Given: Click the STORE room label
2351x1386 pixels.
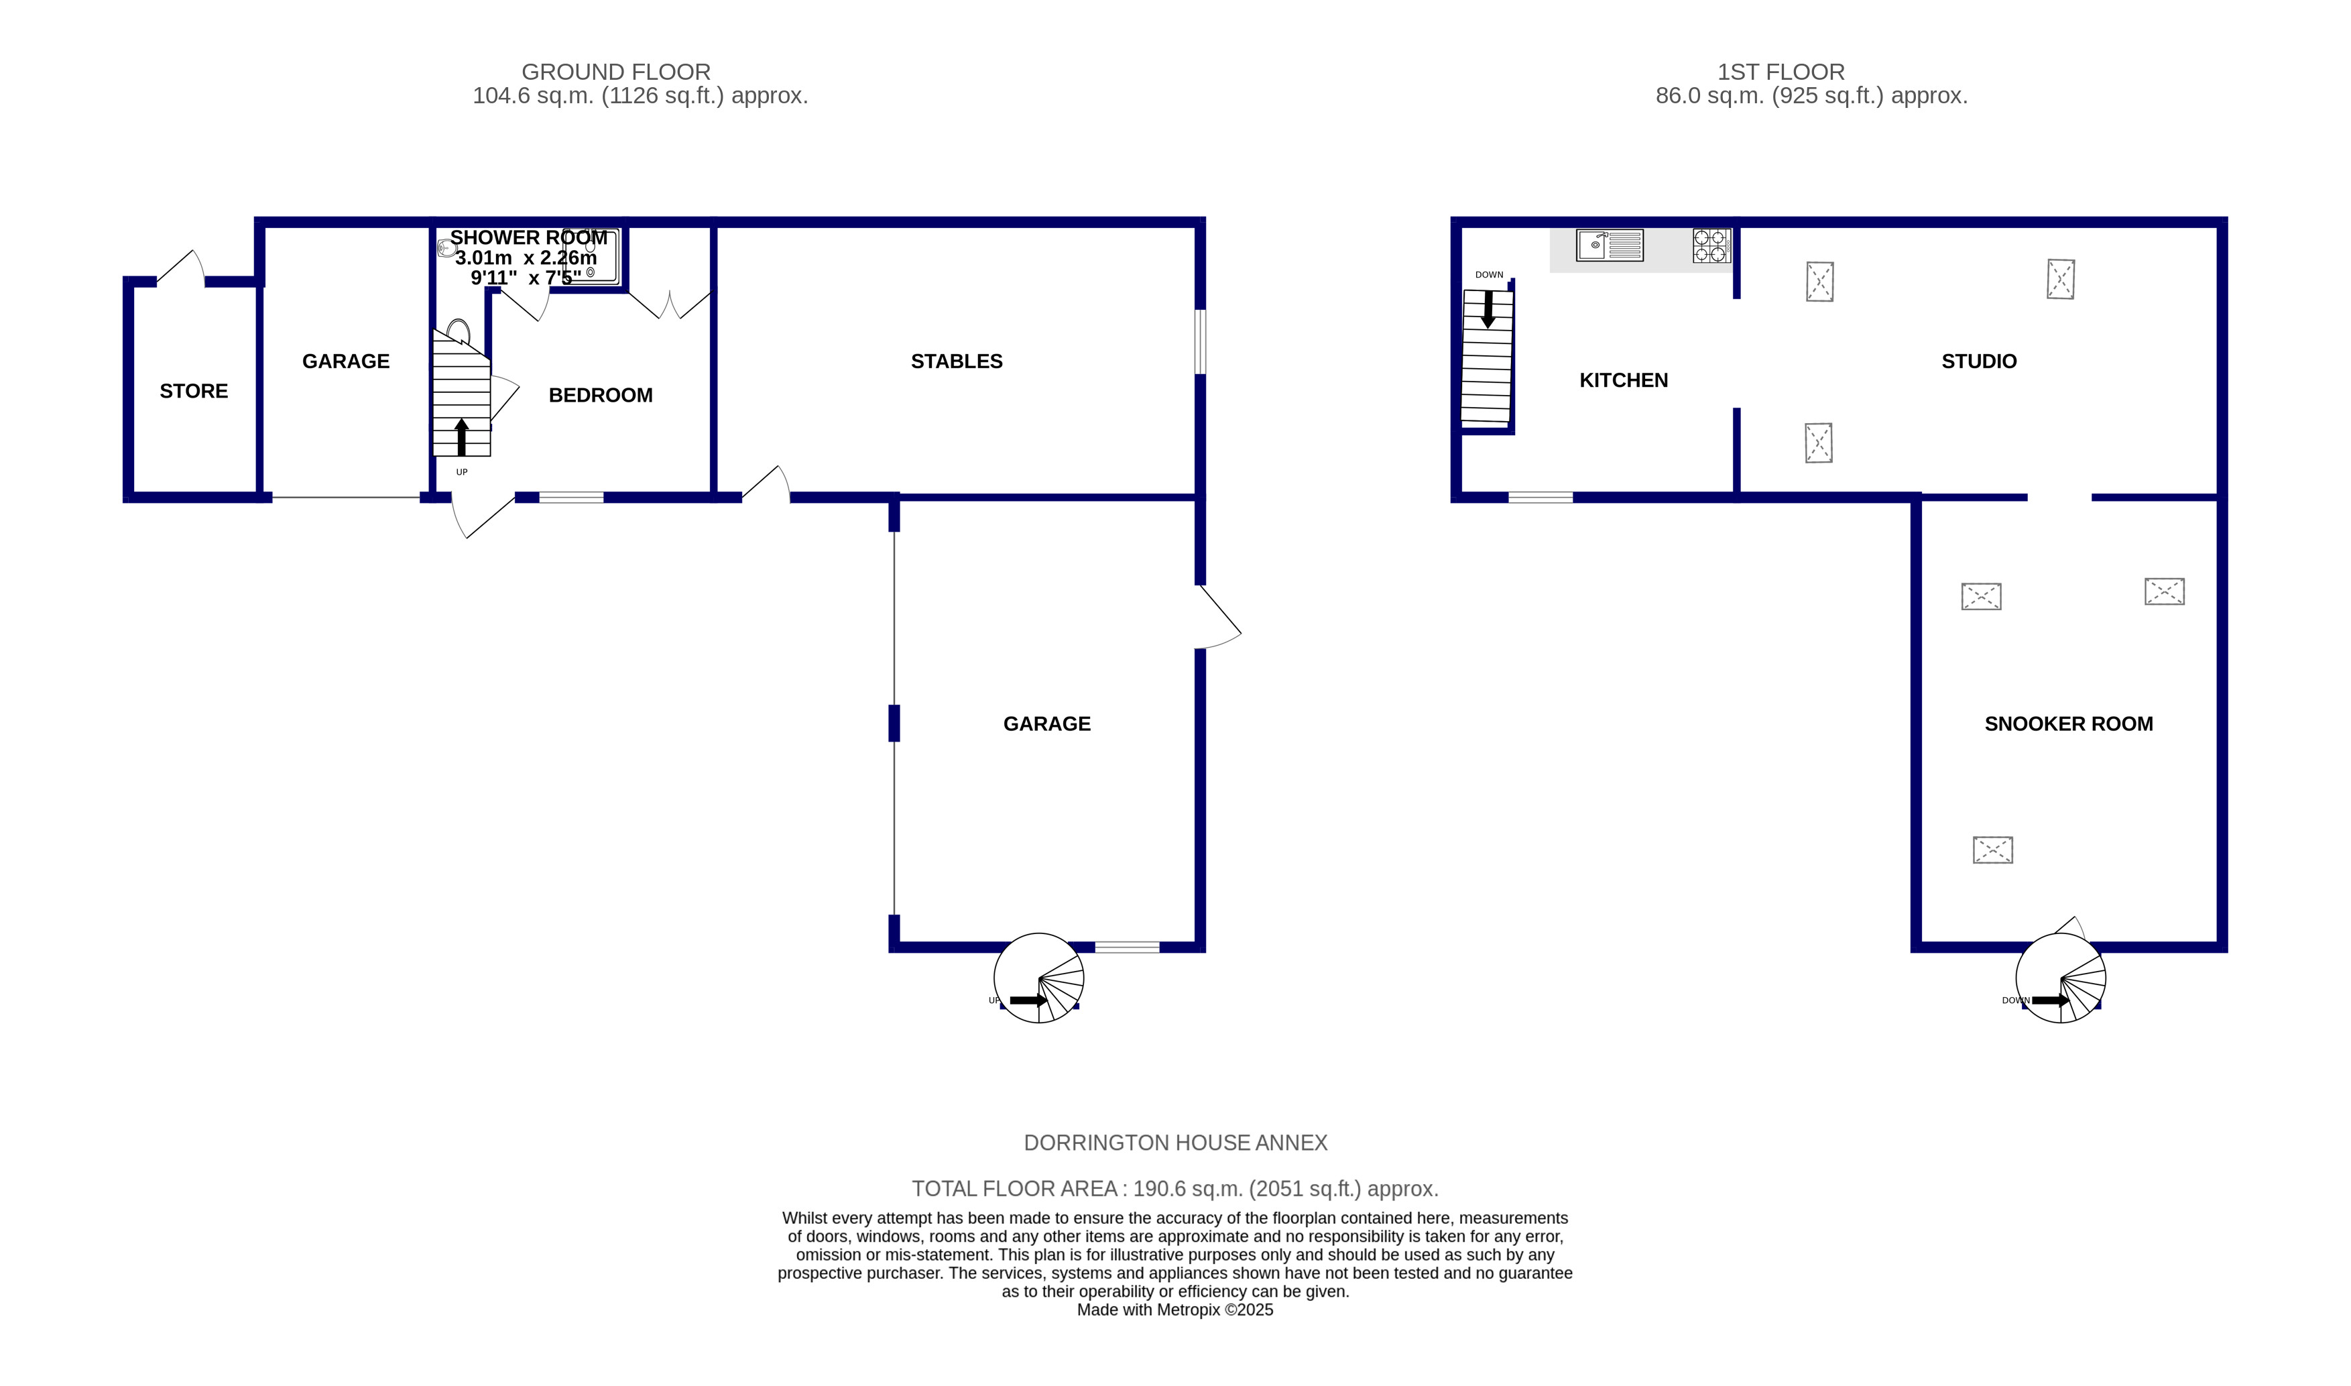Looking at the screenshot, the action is (x=193, y=392).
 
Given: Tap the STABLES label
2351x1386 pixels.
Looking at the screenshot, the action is (x=956, y=361).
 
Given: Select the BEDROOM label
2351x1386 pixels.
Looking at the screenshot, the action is (x=601, y=395).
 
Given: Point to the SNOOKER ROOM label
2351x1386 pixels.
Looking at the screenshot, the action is (x=2068, y=724).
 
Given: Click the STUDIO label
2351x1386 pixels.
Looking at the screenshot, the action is (x=1978, y=361).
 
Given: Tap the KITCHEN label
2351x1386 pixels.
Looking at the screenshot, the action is (x=1623, y=380).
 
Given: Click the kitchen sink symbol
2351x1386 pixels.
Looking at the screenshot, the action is (x=1610, y=245).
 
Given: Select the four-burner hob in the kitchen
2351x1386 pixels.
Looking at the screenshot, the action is (x=1711, y=245).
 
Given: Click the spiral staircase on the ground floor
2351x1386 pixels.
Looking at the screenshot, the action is (x=1038, y=978).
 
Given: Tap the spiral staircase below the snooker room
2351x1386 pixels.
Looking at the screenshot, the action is (x=2061, y=978).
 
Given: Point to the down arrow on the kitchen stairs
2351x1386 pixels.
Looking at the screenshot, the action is (x=1488, y=309).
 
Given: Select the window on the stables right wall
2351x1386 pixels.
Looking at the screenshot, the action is (x=1201, y=342).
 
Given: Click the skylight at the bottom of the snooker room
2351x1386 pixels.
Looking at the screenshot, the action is (x=1992, y=850).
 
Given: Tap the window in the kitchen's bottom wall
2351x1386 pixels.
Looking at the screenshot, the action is (x=1541, y=498).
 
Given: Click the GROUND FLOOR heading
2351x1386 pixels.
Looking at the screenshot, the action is (x=616, y=72).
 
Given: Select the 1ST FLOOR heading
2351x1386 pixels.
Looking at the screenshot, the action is (x=1781, y=72).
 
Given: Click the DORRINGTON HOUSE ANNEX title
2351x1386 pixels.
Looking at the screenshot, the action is (x=1176, y=1143).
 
